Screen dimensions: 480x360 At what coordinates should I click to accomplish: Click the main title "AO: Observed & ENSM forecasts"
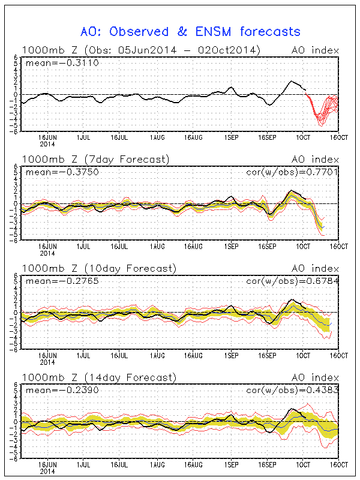pyautogui.click(x=190, y=31)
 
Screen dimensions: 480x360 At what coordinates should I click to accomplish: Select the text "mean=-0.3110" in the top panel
pyautogui.click(x=54, y=63)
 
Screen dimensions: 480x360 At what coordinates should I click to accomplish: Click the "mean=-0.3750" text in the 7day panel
pyautogui.click(x=54, y=172)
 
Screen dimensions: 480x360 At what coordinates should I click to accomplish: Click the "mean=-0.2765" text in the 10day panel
pyautogui.click(x=54, y=281)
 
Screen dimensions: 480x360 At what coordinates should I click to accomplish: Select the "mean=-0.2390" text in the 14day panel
pyautogui.click(x=54, y=391)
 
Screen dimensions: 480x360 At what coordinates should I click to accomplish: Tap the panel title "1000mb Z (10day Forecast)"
pyautogui.click(x=98, y=268)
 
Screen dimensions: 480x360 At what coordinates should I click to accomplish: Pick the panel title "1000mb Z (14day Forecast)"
pyautogui.click(x=98, y=377)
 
